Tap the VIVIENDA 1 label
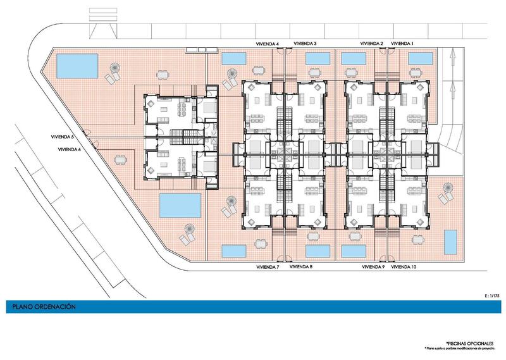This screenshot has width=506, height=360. point(402,44)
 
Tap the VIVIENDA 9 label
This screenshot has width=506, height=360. point(373,267)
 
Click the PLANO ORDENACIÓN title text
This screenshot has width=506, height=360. point(43,306)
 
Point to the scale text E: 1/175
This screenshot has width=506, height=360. point(490,294)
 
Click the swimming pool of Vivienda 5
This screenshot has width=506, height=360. point(77,64)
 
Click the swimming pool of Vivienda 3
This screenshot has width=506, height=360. point(319,58)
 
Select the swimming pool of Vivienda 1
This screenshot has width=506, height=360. point(419,58)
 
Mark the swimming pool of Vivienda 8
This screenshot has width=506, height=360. point(319,250)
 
